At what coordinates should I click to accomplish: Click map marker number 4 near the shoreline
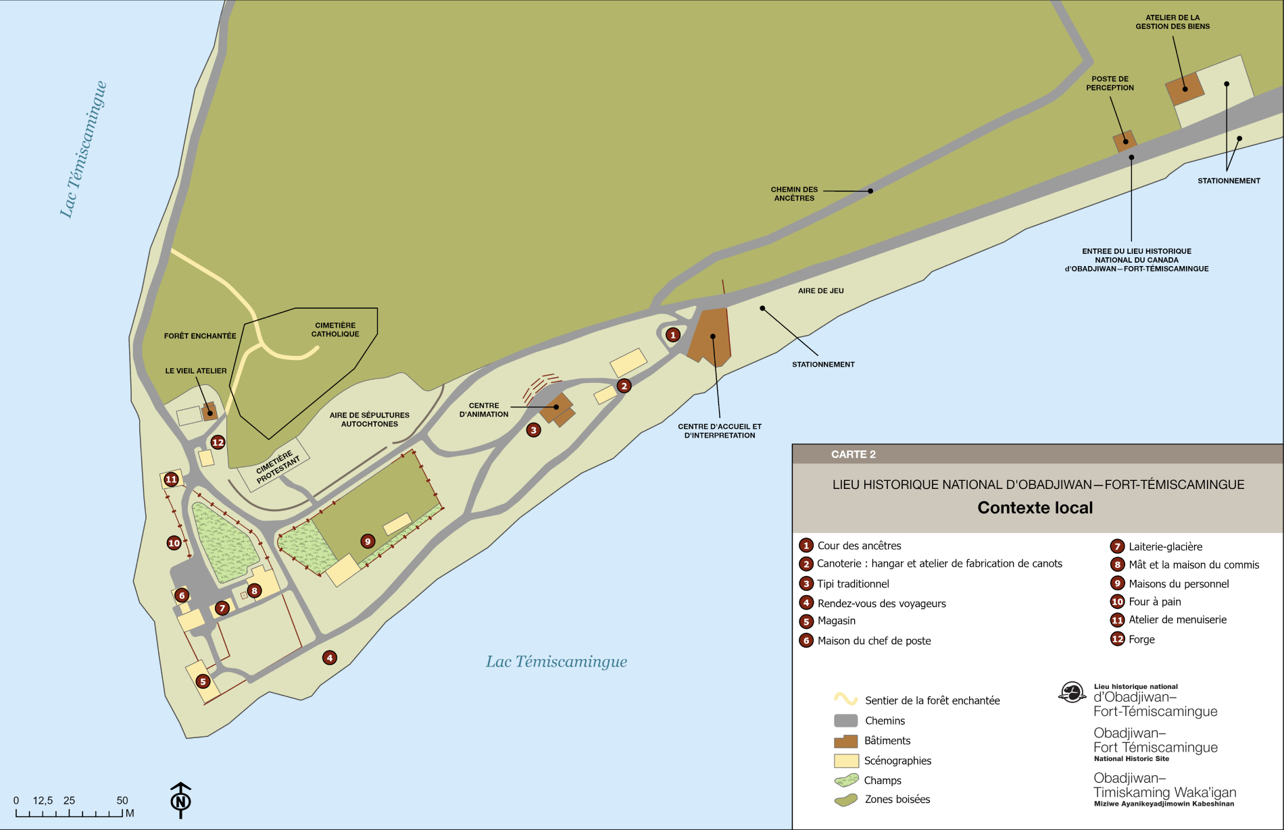tap(329, 658)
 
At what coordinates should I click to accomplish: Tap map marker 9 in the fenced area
tap(368, 541)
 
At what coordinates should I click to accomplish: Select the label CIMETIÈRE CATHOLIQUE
tap(335, 330)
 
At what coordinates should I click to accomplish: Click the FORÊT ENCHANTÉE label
tap(200, 336)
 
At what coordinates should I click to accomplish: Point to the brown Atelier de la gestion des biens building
tap(1185, 88)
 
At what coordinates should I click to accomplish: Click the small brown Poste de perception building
tap(1125, 141)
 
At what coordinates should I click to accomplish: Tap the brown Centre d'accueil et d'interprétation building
tap(711, 338)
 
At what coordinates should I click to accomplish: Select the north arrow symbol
tap(180, 800)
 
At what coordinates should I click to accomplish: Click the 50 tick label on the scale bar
tap(122, 800)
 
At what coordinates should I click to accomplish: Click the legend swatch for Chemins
tap(845, 721)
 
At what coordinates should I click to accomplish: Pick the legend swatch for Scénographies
tap(845, 760)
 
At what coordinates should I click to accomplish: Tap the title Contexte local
tap(1035, 508)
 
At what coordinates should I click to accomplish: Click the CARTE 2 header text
tap(853, 455)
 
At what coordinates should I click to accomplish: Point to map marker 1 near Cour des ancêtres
tap(672, 334)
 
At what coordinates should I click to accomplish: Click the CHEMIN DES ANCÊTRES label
tap(794, 194)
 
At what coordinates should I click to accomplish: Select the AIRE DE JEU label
tap(820, 291)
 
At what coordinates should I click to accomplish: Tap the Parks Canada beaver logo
tap(1072, 692)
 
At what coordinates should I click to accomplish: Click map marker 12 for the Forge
tap(218, 442)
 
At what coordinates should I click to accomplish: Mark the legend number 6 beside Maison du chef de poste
tap(806, 640)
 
